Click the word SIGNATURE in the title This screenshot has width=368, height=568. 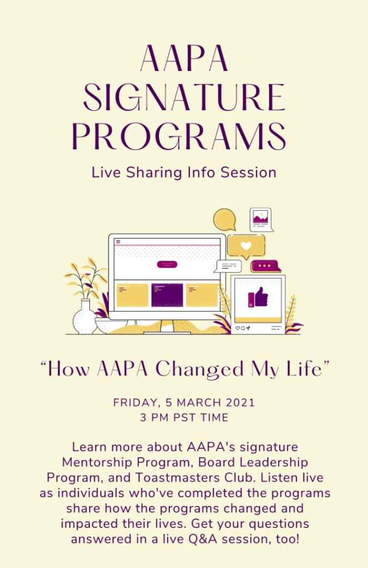(x=184, y=97)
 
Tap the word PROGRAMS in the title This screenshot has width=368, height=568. (x=179, y=136)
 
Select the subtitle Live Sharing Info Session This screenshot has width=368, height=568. (x=184, y=173)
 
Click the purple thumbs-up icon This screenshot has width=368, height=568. (x=258, y=297)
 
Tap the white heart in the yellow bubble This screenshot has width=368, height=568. (x=246, y=246)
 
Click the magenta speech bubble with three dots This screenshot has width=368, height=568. (x=266, y=266)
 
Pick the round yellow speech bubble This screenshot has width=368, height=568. (x=224, y=220)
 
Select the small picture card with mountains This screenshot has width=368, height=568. (x=261, y=220)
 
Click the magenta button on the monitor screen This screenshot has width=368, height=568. (x=167, y=265)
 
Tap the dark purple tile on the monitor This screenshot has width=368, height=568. (x=167, y=295)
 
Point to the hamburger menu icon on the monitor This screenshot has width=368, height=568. (x=118, y=242)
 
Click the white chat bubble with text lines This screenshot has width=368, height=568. (x=229, y=266)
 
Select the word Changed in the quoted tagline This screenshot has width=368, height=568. (x=199, y=369)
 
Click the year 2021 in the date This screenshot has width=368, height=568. (x=240, y=403)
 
